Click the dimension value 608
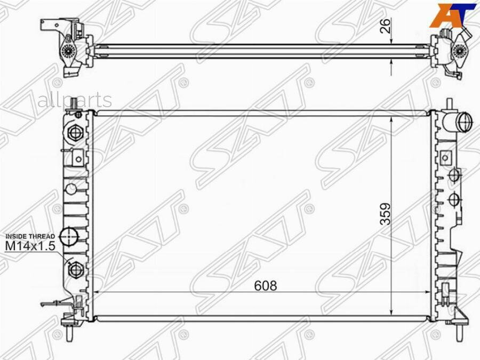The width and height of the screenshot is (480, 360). pyautogui.click(x=266, y=286)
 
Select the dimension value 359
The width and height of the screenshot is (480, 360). pyautogui.click(x=386, y=214)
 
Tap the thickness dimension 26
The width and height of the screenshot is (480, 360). pyautogui.click(x=386, y=26)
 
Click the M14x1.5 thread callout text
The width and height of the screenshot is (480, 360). pyautogui.click(x=30, y=245)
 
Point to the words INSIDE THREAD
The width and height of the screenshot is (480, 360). pyautogui.click(x=30, y=236)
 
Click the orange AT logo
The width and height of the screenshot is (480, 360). pyautogui.click(x=452, y=15)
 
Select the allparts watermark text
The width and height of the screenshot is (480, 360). pyautogui.click(x=75, y=100)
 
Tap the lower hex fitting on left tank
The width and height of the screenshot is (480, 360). pyautogui.click(x=75, y=270)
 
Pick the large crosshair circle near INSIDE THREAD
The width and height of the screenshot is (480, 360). pyautogui.click(x=69, y=236)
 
